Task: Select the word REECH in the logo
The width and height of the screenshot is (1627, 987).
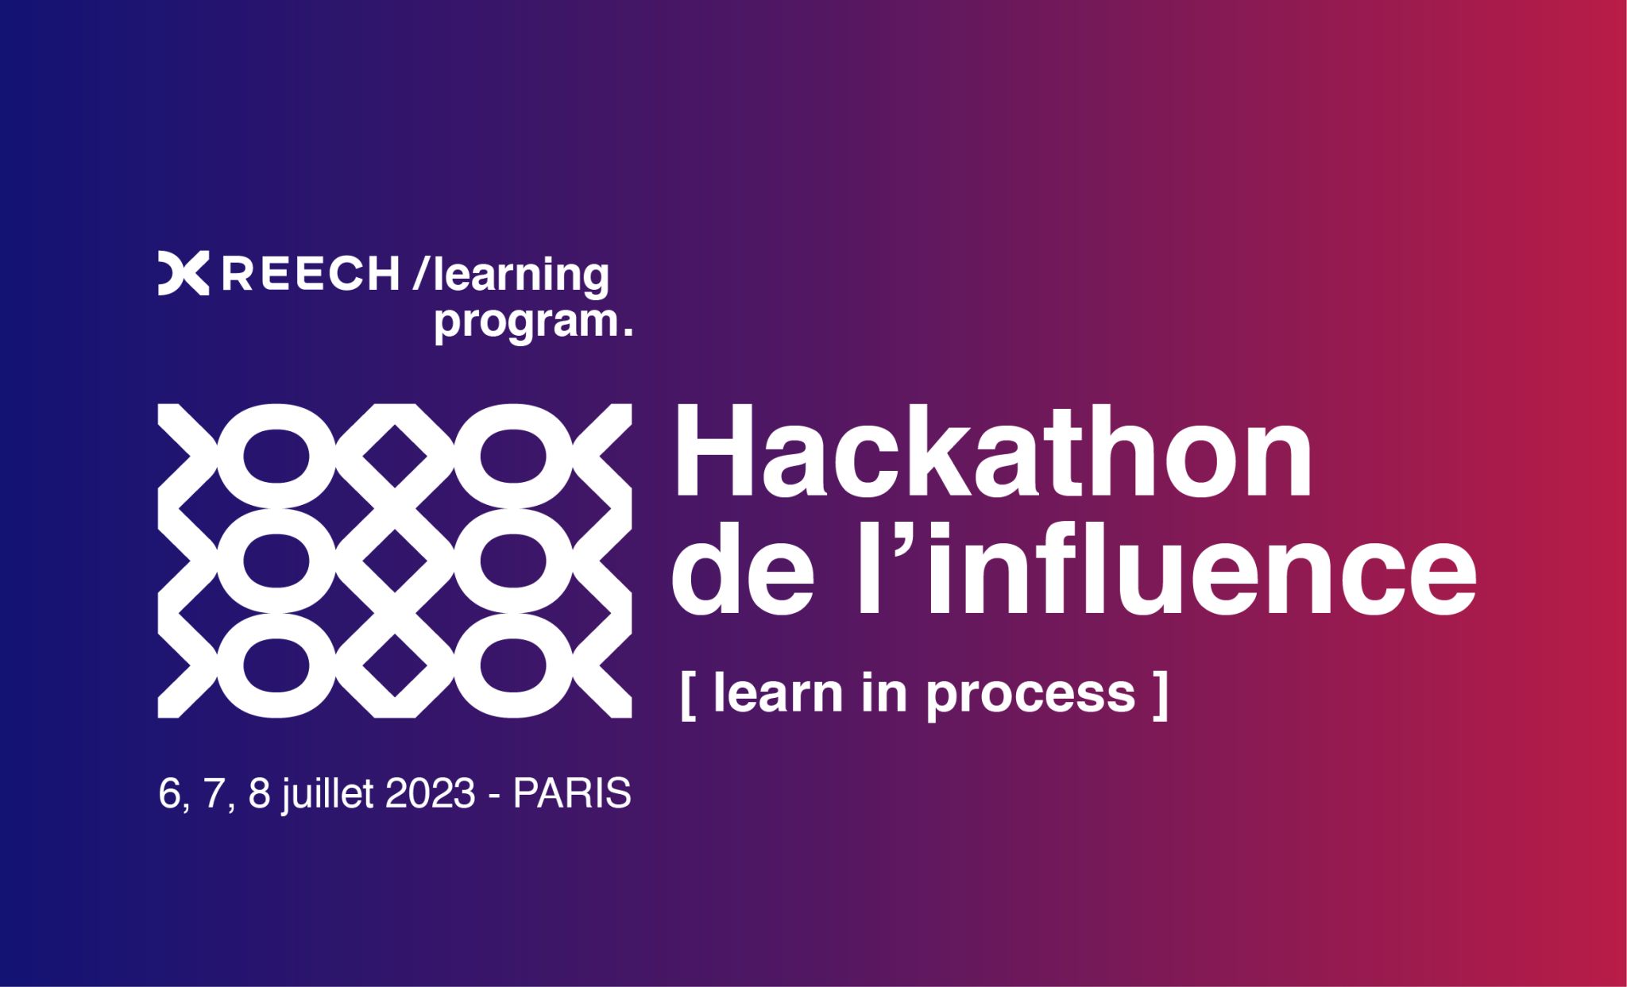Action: click(309, 274)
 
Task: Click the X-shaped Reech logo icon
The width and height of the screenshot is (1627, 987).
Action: click(183, 274)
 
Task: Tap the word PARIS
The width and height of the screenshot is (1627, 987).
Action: click(572, 793)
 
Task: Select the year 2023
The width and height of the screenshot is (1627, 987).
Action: click(431, 793)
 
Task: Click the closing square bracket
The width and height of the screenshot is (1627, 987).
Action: click(1161, 696)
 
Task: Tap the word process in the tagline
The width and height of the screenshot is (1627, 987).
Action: click(1030, 696)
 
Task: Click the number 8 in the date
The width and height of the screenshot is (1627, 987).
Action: click(260, 793)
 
